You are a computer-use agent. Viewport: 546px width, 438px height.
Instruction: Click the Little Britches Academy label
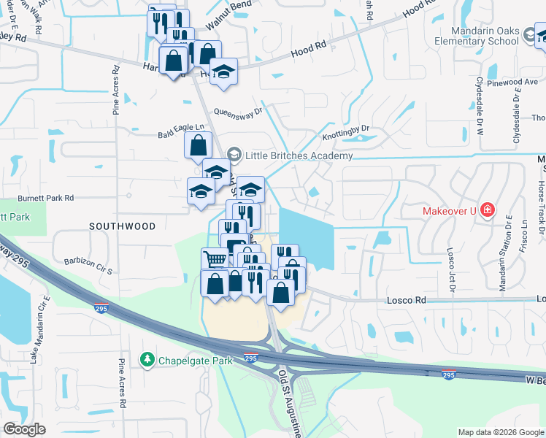coord(299,155)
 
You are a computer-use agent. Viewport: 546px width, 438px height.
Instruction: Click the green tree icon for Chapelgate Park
coord(147,360)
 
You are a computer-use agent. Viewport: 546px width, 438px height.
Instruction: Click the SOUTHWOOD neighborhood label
coord(123,227)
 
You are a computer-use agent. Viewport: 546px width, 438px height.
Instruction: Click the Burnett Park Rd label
coord(46,198)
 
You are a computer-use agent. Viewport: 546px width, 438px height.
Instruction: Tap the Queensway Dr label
coord(238,112)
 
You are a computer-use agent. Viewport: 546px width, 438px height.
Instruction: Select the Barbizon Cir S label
coord(87,264)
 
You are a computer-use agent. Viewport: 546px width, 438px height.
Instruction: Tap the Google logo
coord(25,429)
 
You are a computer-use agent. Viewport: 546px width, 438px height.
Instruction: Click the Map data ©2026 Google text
coord(500,432)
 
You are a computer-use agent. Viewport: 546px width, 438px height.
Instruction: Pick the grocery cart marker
coord(215,259)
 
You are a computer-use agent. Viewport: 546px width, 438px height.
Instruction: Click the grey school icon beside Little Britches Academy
coord(234,155)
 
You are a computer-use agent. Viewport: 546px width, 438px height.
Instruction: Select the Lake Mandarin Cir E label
coord(39,328)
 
